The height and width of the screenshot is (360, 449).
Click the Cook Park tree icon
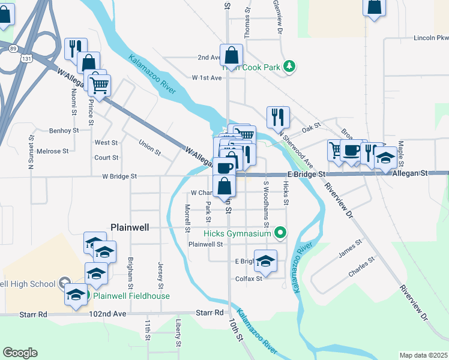pyautogui.click(x=289, y=65)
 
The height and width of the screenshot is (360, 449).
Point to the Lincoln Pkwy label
pyautogui.click(x=430, y=38)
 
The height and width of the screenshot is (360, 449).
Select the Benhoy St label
pyautogui.click(x=64, y=130)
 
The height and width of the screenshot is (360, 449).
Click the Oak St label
pyautogui.click(x=312, y=128)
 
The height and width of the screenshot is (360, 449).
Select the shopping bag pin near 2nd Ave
pyautogui.click(x=231, y=55)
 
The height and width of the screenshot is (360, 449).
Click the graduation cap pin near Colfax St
pyautogui.click(x=266, y=260)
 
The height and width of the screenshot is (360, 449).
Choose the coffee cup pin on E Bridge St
pyautogui.click(x=352, y=150)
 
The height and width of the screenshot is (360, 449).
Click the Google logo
pyautogui.click(x=20, y=353)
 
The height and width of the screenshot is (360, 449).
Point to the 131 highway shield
pyautogui.click(x=23, y=59)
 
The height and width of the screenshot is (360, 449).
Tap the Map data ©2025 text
pyautogui.click(x=423, y=355)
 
